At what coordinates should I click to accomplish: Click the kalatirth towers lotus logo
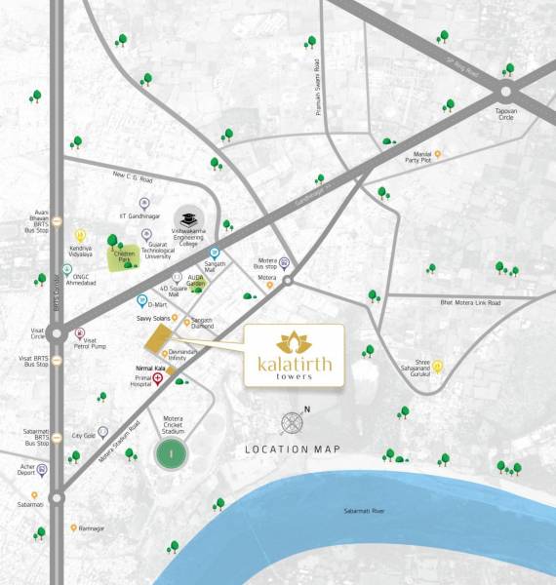coord(293,343)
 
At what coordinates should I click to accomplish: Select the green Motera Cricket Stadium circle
coord(172,452)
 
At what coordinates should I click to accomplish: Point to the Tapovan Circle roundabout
coord(504,92)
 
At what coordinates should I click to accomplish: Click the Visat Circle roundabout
coord(57,334)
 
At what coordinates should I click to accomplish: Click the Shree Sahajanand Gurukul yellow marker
coord(438,367)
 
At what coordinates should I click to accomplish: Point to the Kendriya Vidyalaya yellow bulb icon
coord(80,235)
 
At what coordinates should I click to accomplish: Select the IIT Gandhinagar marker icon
coord(144,203)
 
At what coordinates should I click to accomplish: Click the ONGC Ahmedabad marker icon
coord(66,269)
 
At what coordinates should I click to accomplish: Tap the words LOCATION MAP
coord(293,448)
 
